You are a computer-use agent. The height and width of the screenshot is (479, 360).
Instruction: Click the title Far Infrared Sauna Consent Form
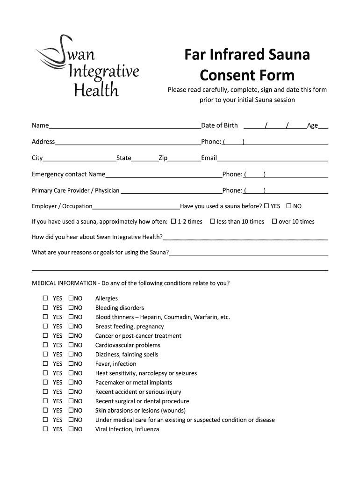click(247, 65)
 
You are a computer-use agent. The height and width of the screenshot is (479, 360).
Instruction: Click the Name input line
click(124, 126)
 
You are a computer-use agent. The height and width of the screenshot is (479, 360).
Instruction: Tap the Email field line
click(272, 159)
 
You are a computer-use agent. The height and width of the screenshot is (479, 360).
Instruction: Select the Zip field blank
click(184, 159)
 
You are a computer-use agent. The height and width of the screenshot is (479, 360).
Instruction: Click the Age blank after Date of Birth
click(323, 126)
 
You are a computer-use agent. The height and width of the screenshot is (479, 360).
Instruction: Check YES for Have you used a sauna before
click(266, 206)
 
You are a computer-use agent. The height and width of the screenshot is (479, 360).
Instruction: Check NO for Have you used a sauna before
click(289, 206)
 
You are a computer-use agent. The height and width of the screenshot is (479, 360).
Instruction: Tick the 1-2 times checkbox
click(173, 221)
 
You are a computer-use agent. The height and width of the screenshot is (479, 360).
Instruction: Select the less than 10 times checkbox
click(212, 221)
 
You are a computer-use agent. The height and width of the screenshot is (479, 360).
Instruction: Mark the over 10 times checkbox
click(274, 221)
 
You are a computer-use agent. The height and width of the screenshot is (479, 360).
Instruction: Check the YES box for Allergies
click(45, 298)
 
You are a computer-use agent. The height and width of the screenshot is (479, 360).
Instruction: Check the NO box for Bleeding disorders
click(71, 307)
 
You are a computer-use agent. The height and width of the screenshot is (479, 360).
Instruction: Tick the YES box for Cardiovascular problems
click(45, 345)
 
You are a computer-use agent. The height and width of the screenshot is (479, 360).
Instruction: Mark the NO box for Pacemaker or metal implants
click(71, 382)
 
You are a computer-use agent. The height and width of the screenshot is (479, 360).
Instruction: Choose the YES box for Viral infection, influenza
click(45, 429)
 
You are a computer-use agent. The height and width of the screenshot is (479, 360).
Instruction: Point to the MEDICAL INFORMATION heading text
click(63, 283)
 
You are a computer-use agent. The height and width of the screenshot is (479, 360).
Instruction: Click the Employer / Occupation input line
click(136, 207)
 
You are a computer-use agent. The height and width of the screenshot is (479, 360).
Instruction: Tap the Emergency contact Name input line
click(164, 175)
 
